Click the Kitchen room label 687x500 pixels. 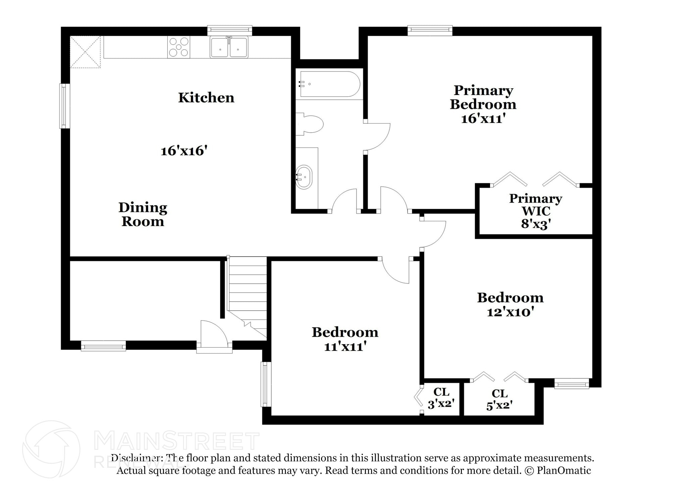pyautogui.click(x=206, y=98)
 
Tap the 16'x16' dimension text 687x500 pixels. pyautogui.click(x=182, y=151)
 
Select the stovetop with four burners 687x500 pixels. pyautogui.click(x=178, y=47)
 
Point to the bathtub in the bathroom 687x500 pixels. pyautogui.click(x=330, y=84)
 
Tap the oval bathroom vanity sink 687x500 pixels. pyautogui.click(x=304, y=177)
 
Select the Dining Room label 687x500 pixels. pyautogui.click(x=143, y=214)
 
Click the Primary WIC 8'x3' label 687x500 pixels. pyautogui.click(x=535, y=211)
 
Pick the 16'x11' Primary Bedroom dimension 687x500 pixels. pyautogui.click(x=483, y=119)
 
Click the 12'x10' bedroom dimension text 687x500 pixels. pyautogui.click(x=510, y=312)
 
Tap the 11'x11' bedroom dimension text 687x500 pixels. pyautogui.click(x=345, y=347)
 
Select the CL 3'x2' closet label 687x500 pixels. pyautogui.click(x=441, y=398)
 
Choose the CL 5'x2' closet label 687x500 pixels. pyautogui.click(x=499, y=399)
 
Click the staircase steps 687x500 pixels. pyautogui.click(x=247, y=289)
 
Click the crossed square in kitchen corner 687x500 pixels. pyautogui.click(x=85, y=52)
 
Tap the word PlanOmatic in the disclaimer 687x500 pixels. pyautogui.click(x=564, y=470)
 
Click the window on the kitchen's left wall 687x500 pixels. pyautogui.click(x=65, y=106)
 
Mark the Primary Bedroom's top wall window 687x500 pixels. pyautogui.click(x=430, y=31)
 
